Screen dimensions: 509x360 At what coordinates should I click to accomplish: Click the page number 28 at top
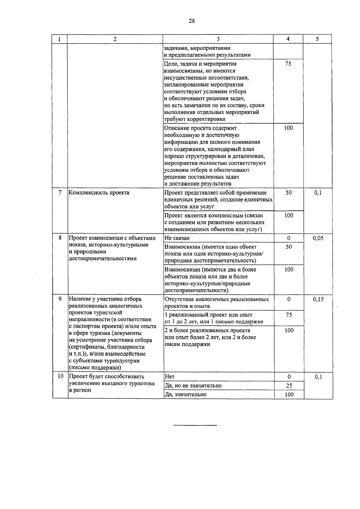click(x=192, y=21)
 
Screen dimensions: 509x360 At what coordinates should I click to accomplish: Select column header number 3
click(x=218, y=39)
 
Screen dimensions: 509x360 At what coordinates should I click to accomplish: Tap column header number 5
click(x=317, y=39)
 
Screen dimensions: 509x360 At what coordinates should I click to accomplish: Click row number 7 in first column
click(x=60, y=192)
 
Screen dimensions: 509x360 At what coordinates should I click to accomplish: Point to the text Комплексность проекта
click(x=99, y=193)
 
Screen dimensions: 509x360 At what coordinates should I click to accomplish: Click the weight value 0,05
click(x=318, y=238)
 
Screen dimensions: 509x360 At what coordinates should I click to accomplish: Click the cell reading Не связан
click(x=177, y=238)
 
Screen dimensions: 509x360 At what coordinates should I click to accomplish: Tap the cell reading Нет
click(x=169, y=377)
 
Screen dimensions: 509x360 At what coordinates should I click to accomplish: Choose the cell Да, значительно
click(x=185, y=394)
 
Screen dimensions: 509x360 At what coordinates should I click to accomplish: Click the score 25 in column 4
click(x=289, y=386)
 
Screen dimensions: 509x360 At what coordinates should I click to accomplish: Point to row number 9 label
click(x=60, y=299)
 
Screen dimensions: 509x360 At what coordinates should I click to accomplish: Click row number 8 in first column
click(x=60, y=238)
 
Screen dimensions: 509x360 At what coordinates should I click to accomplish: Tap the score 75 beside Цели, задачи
click(x=288, y=64)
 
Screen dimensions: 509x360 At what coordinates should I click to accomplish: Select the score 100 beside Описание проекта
click(x=288, y=128)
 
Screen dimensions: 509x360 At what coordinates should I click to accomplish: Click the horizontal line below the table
click(x=195, y=425)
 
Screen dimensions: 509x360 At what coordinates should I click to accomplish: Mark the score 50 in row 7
click(x=288, y=193)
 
